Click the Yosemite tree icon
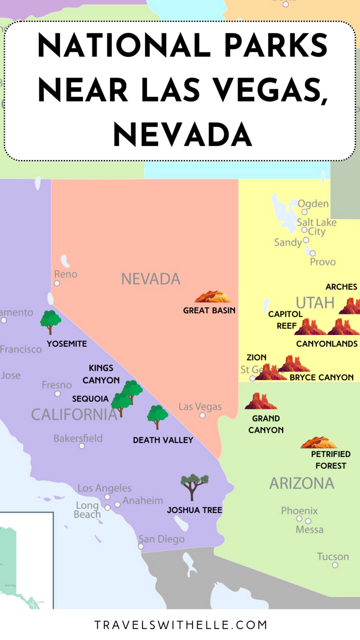[50, 322]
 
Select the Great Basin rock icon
[213, 297]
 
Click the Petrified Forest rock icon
[319, 442]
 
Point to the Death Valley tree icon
[157, 416]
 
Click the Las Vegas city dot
[202, 415]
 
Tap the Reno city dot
[57, 283]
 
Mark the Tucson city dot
[335, 565]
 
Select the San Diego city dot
[141, 546]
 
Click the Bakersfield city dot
[82, 446]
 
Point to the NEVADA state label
[151, 279]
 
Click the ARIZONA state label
[302, 483]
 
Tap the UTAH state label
[315, 302]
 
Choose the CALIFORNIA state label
[74, 415]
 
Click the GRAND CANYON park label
[266, 424]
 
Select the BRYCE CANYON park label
[322, 377]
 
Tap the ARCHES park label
[341, 287]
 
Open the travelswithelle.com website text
[180, 625]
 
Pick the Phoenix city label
[299, 510]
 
